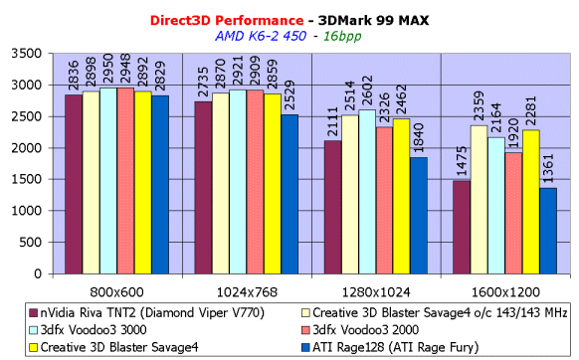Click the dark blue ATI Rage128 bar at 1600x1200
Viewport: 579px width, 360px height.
coord(548,231)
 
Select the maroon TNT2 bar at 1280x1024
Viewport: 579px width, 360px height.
coord(332,207)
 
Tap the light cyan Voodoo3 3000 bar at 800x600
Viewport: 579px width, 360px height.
coord(108,181)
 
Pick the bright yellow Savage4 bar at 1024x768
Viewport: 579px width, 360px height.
coord(273,184)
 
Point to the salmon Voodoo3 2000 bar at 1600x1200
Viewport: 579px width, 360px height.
coord(513,213)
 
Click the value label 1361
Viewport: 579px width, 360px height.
coord(548,168)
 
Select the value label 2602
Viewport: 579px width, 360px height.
coord(367,90)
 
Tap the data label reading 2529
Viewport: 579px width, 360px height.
coord(289,95)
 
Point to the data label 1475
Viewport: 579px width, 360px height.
coord(462,161)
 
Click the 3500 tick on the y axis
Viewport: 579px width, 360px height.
coord(26,54)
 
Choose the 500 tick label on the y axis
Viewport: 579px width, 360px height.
coord(31,243)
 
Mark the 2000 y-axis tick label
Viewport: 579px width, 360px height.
coord(26,148)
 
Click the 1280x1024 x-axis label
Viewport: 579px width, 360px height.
coord(376,292)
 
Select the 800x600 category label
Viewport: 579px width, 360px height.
coord(116,292)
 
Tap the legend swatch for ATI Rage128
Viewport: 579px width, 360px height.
coord(306,347)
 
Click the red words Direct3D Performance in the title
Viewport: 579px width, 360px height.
coord(227,20)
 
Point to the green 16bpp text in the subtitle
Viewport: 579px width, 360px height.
coord(342,36)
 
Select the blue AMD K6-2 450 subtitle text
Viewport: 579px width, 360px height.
coord(261,36)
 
